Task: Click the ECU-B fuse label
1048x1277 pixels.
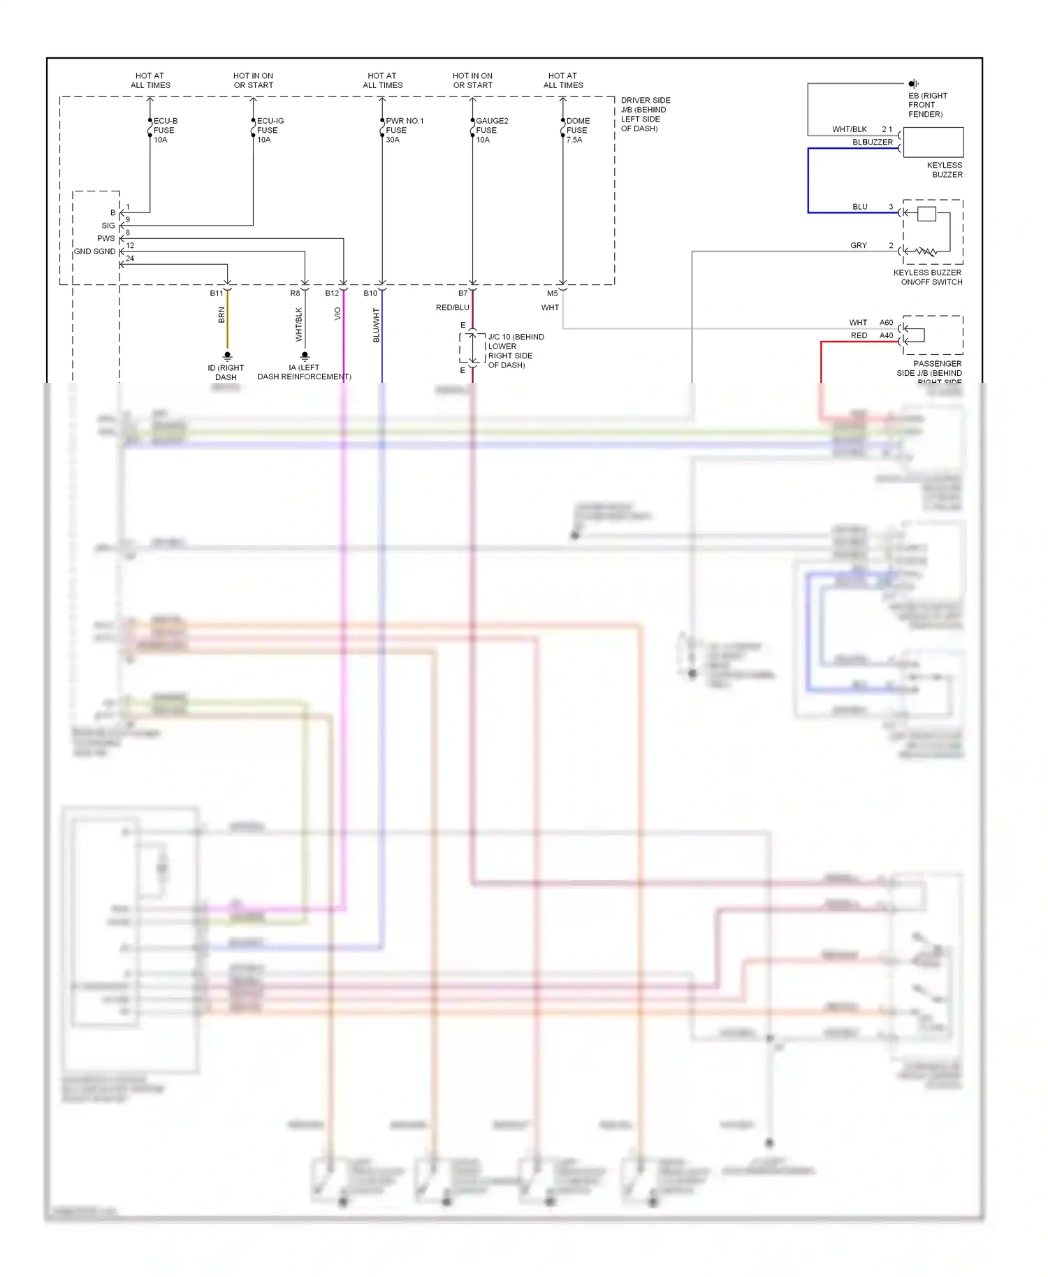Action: coord(165,130)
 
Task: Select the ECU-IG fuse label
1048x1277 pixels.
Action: coord(270,130)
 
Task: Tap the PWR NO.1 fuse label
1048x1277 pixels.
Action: coord(404,130)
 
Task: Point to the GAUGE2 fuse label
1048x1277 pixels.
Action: coord(491,130)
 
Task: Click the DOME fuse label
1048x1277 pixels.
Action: coord(578,130)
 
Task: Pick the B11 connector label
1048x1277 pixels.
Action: coord(217,293)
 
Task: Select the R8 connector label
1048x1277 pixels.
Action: coord(295,293)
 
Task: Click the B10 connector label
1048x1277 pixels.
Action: coord(370,293)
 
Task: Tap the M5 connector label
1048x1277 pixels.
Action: coord(552,293)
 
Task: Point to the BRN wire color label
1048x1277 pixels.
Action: coord(221,315)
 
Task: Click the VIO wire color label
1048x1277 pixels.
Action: coord(337,314)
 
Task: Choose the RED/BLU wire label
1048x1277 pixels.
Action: coord(453,307)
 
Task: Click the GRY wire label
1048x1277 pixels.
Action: coord(859,245)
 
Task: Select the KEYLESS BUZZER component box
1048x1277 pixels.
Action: coord(933,143)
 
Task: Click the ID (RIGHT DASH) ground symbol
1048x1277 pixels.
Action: coord(227,356)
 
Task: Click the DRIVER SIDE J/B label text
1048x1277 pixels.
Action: coord(645,114)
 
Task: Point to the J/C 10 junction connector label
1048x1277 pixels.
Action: coord(516,351)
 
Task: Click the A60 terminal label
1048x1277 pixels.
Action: coord(886,323)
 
